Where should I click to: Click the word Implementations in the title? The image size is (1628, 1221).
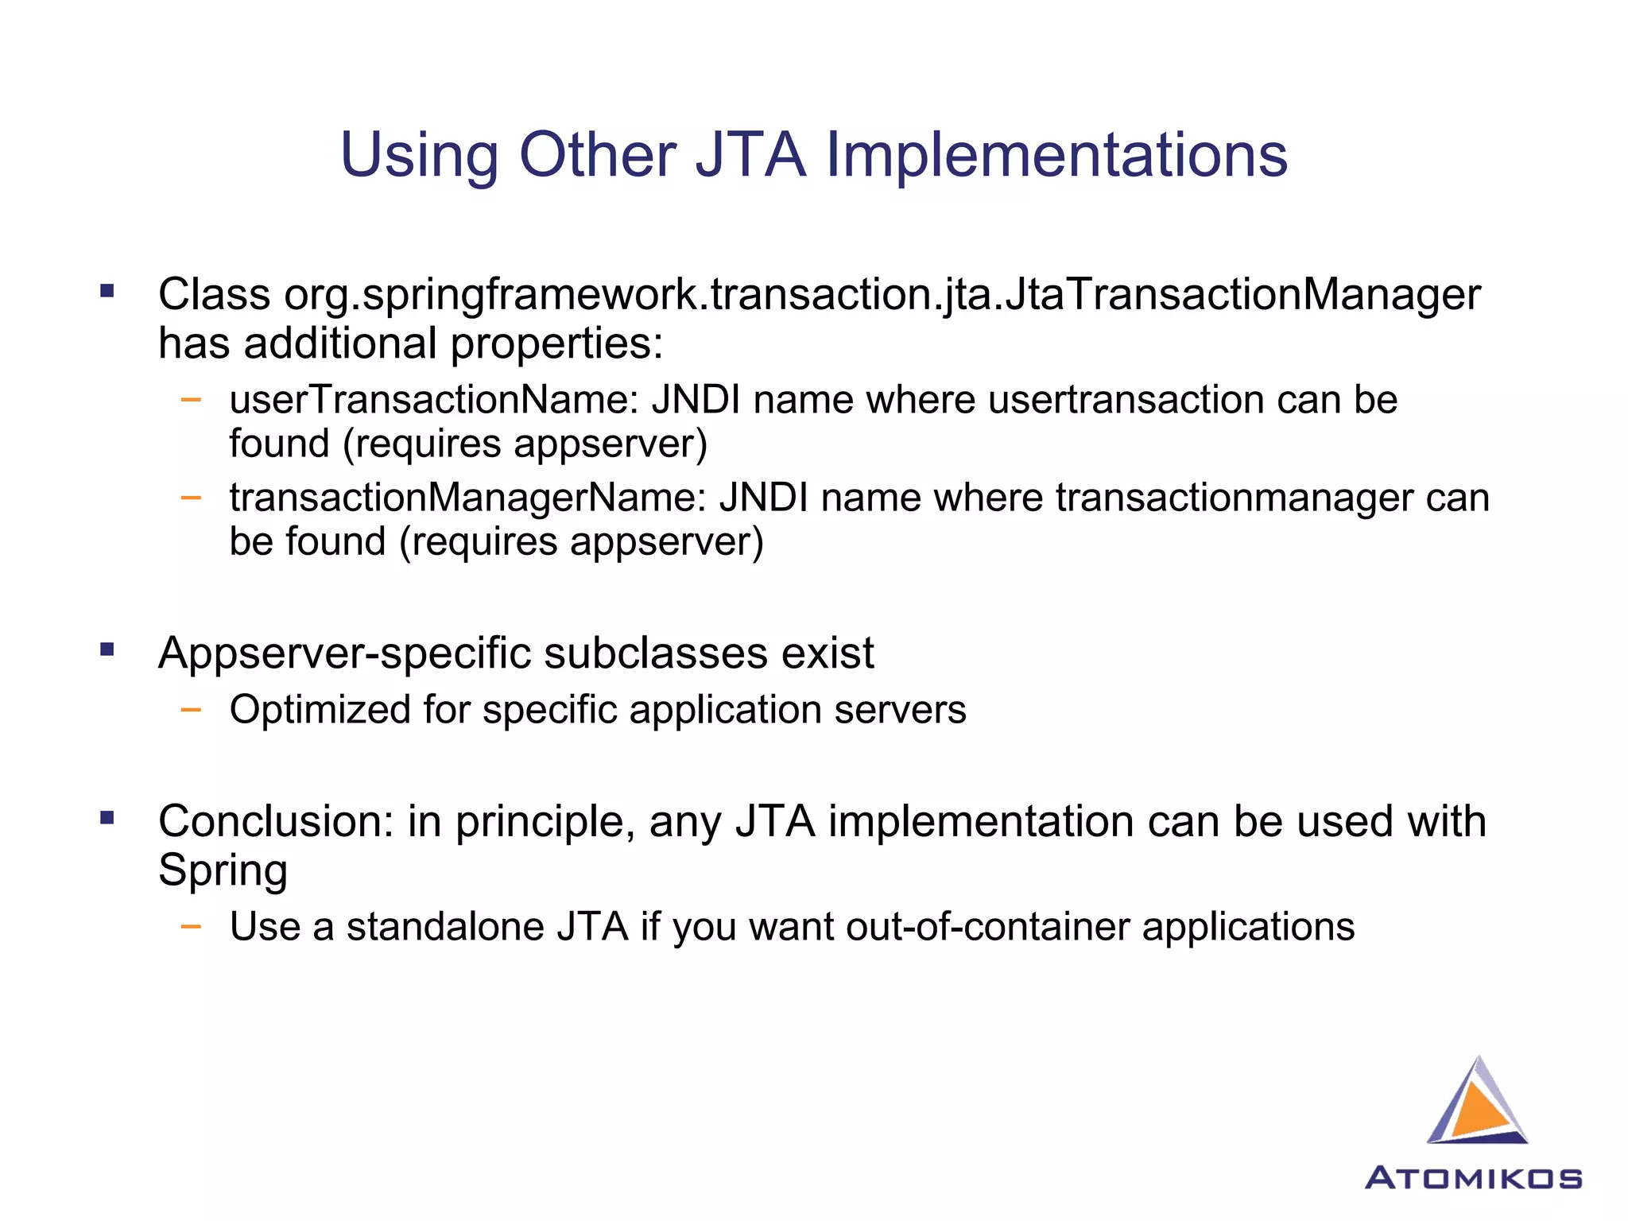[x=1056, y=155]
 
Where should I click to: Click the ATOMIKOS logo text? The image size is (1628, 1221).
[x=1473, y=1178]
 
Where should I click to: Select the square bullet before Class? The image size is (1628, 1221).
[x=107, y=291]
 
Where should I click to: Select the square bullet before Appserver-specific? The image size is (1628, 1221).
[x=107, y=649]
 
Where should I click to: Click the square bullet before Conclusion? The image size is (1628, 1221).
[x=107, y=817]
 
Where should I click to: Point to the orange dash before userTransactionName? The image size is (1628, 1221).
[x=191, y=399]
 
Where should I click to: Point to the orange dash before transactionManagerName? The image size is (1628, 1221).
[x=191, y=498]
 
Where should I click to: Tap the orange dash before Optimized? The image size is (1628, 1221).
[x=191, y=708]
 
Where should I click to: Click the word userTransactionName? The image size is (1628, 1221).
[x=434, y=399]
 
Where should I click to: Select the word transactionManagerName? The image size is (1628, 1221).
[x=467, y=498]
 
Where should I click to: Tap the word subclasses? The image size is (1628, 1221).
[x=655, y=653]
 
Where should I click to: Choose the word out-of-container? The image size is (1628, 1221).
[x=987, y=927]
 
